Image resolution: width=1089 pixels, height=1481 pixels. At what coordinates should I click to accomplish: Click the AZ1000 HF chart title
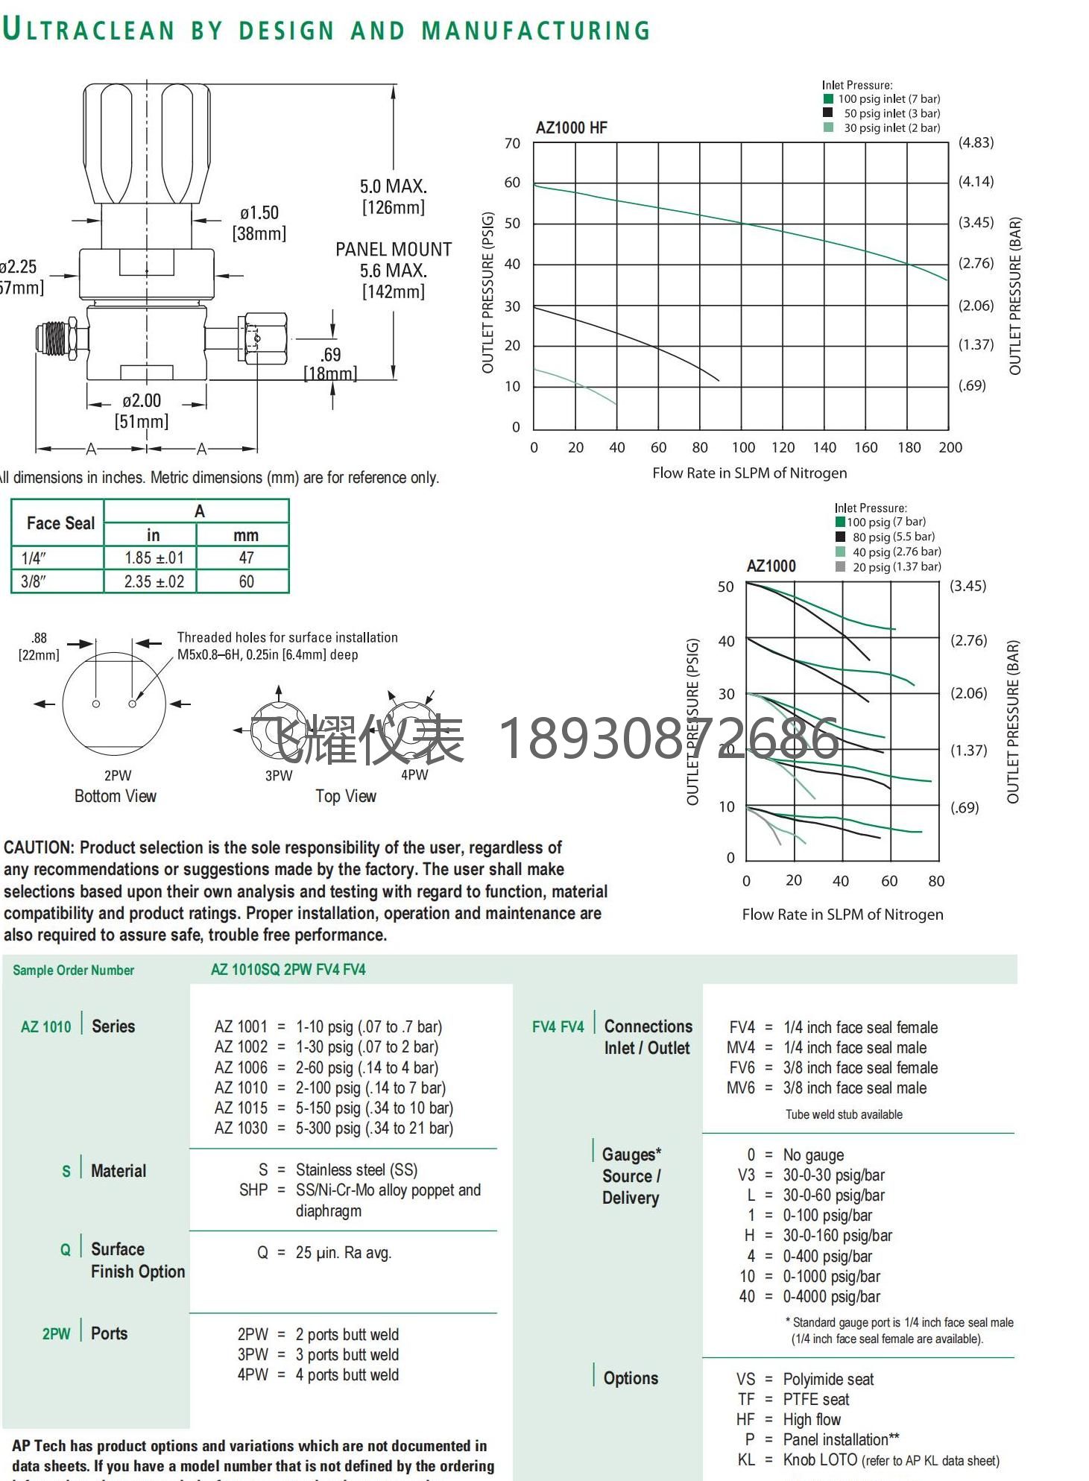pyautogui.click(x=571, y=127)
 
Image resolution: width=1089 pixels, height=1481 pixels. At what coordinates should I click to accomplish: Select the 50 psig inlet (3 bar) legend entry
pyautogui.click(x=891, y=113)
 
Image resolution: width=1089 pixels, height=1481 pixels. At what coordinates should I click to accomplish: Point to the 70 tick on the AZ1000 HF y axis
pyautogui.click(x=512, y=143)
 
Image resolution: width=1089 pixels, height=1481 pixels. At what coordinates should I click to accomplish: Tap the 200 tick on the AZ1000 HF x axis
pyautogui.click(x=950, y=447)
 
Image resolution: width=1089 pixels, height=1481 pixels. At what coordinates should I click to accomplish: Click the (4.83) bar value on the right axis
pyautogui.click(x=976, y=142)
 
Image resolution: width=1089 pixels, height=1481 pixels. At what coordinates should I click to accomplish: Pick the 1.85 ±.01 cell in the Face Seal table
pyautogui.click(x=154, y=558)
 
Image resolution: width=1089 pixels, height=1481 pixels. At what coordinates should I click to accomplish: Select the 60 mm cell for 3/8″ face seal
pyautogui.click(x=246, y=581)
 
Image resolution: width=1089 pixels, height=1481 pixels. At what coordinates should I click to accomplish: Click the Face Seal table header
pyautogui.click(x=60, y=523)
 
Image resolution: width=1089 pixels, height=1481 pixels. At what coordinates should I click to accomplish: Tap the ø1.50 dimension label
pyautogui.click(x=259, y=213)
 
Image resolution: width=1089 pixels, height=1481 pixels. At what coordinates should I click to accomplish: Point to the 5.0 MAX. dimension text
pyautogui.click(x=394, y=186)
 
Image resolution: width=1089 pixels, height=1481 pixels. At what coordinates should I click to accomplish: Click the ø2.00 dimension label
pyautogui.click(x=142, y=401)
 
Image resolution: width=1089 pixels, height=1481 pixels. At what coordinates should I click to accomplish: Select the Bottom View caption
pyautogui.click(x=116, y=796)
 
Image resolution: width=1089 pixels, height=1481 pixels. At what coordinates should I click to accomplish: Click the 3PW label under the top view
pyautogui.click(x=279, y=775)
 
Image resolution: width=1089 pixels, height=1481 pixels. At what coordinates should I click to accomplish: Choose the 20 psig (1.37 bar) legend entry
pyautogui.click(x=896, y=566)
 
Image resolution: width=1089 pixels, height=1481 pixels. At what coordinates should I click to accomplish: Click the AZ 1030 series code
pyautogui.click(x=240, y=1128)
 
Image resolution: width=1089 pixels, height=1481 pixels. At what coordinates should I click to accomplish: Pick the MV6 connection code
pyautogui.click(x=740, y=1088)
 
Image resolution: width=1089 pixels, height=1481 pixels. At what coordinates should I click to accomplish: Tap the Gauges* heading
pyautogui.click(x=631, y=1155)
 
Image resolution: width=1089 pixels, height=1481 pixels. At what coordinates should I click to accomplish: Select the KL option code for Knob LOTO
pyautogui.click(x=745, y=1460)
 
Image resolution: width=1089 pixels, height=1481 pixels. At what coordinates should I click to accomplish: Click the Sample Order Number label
pyautogui.click(x=73, y=970)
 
